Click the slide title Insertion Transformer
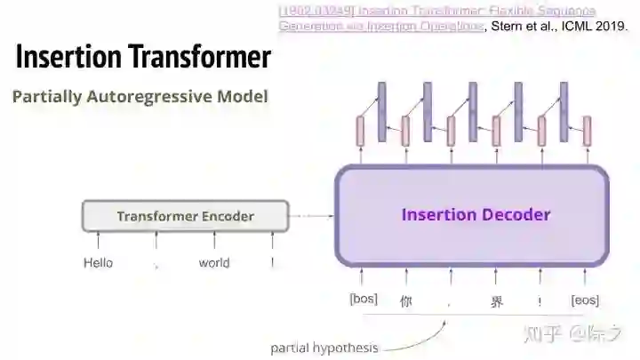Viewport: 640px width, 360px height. point(143,57)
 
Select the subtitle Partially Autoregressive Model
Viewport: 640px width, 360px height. point(140,96)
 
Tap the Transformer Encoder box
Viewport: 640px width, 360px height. point(185,216)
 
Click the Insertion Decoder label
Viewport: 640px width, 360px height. point(476,214)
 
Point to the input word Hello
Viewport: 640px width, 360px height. point(98,263)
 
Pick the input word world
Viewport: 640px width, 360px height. point(214,263)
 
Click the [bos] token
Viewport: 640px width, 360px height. point(363,300)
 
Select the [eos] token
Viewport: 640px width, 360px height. point(585,300)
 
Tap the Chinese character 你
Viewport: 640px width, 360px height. point(406,300)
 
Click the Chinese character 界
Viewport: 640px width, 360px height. point(497,300)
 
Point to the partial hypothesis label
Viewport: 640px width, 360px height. point(324,348)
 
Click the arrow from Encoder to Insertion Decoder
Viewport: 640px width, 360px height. point(311,216)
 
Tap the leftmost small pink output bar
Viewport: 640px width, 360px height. point(361,131)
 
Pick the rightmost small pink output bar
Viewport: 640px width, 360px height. point(587,131)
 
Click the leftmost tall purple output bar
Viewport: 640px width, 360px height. point(382,111)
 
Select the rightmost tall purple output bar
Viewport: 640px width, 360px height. point(564,111)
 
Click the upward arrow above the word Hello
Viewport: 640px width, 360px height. point(98,241)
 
